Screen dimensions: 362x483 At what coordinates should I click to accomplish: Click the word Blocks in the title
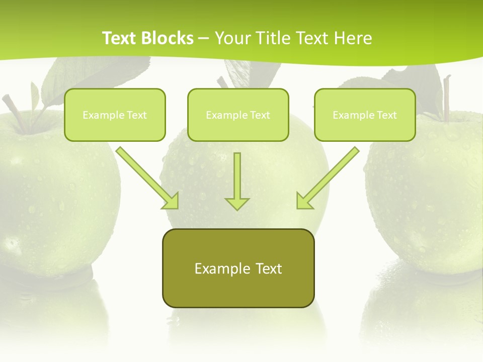click(x=169, y=38)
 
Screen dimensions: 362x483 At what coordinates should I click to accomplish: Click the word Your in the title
click(x=229, y=38)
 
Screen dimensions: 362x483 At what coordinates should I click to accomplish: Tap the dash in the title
click(x=204, y=38)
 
